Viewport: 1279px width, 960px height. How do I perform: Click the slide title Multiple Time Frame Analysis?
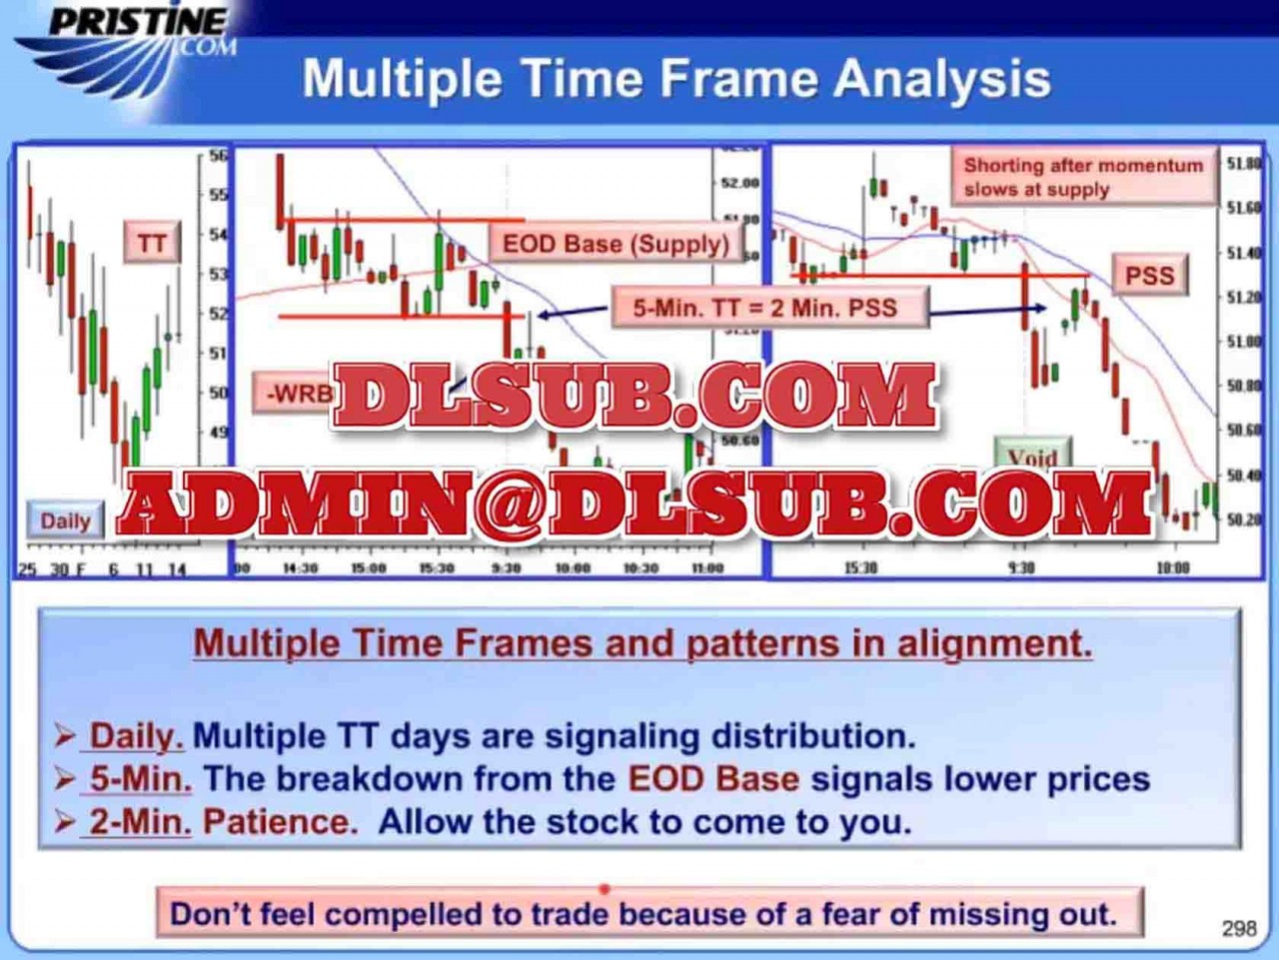point(675,79)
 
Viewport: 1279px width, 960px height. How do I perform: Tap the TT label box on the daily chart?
point(152,243)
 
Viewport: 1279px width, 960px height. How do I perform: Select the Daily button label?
point(65,520)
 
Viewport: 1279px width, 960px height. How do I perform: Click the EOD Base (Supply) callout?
point(616,244)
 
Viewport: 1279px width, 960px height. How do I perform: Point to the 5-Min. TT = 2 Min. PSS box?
point(765,308)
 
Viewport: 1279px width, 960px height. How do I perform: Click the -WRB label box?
point(295,393)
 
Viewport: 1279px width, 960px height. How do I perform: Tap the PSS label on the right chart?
point(1149,275)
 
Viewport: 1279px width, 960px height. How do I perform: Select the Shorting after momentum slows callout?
point(1083,177)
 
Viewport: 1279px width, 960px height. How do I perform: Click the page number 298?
point(1239,928)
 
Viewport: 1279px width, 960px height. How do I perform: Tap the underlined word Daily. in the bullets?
point(137,736)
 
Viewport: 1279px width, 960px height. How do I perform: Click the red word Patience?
point(280,822)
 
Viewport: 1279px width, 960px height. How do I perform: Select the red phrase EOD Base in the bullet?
point(713,779)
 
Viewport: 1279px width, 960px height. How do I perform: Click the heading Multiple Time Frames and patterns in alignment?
point(642,642)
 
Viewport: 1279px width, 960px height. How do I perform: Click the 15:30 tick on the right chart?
point(860,567)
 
